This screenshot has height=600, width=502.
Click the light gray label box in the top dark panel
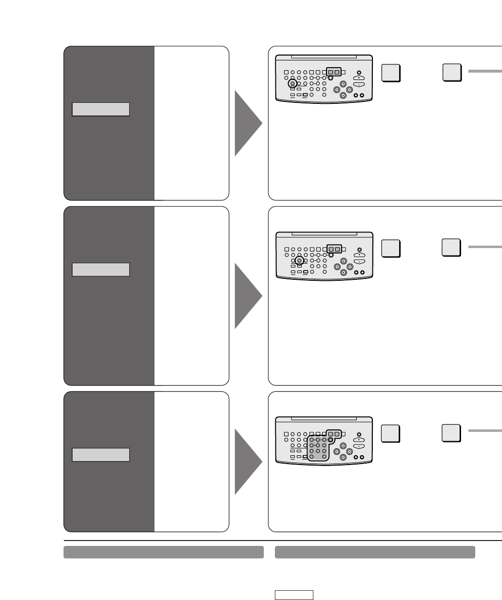tap(100, 109)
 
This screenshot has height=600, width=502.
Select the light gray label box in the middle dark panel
tap(100, 270)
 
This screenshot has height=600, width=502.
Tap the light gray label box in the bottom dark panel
tap(100, 455)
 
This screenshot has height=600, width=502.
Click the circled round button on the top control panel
tap(292, 83)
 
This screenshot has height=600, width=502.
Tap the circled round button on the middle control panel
tap(299, 260)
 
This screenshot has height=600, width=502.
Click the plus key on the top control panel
tap(359, 78)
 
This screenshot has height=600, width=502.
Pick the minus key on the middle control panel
tap(359, 262)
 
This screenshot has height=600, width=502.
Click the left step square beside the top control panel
tap(391, 73)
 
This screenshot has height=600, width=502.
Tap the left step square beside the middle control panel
tap(391, 249)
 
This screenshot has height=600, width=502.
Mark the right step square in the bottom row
tap(452, 433)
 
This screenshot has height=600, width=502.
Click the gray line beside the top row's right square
tap(485, 71)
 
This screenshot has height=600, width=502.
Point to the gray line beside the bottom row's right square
tap(485, 431)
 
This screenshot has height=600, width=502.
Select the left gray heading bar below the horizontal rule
tap(164, 552)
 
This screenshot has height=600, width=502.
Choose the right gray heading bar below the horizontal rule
tap(375, 552)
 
